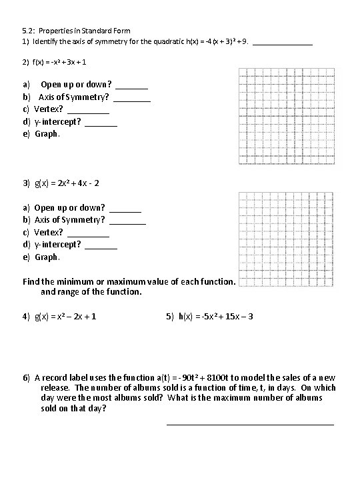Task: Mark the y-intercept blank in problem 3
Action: click(101, 245)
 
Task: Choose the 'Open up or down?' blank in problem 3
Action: click(125, 209)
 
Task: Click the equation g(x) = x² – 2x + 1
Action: click(65, 317)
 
